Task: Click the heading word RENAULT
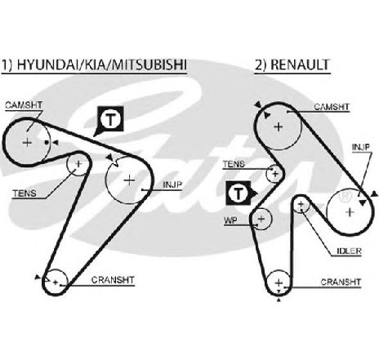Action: pos(301,65)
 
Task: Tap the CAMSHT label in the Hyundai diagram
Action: pos(24,105)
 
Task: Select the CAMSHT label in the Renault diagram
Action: pos(332,107)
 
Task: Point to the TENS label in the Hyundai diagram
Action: pos(25,193)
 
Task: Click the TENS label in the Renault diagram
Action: pos(234,164)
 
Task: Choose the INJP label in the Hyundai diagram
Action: pos(172,184)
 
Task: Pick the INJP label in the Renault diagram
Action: pos(361,147)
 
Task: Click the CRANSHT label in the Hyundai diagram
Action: pos(113,280)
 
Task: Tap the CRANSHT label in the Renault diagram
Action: pos(341,282)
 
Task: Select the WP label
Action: pos(230,220)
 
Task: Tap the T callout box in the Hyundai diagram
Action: pos(110,120)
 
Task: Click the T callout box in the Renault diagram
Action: pos(239,193)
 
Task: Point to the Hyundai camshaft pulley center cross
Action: pos(27,143)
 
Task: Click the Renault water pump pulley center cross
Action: pos(261,219)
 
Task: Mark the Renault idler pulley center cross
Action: pos(301,204)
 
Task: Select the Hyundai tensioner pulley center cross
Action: pos(78,164)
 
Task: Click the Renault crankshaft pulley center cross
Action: pos(279,283)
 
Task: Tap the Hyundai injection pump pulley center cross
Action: pos(129,180)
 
